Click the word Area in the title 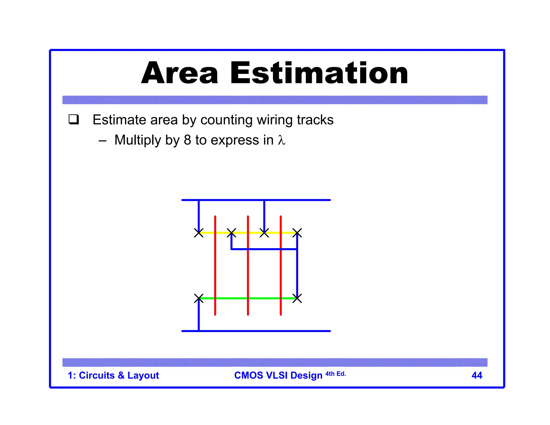pyautogui.click(x=179, y=73)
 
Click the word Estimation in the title pyautogui.click(x=319, y=73)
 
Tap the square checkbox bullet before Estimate pyautogui.click(x=74, y=119)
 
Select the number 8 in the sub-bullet pyautogui.click(x=187, y=140)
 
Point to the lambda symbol pyautogui.click(x=281, y=140)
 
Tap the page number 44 pyautogui.click(x=477, y=375)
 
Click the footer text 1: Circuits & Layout pyautogui.click(x=113, y=375)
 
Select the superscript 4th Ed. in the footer pyautogui.click(x=335, y=374)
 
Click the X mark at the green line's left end pyautogui.click(x=199, y=298)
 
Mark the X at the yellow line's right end pyautogui.click(x=297, y=233)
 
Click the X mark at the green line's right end pyautogui.click(x=297, y=298)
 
